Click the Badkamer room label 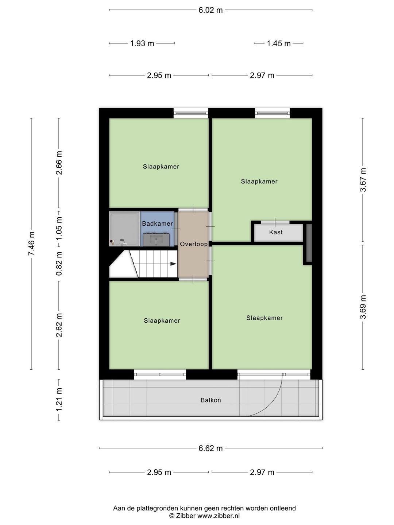[157, 223]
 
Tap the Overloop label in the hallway [193, 244]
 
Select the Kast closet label [276, 232]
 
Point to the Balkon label [211, 400]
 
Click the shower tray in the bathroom [124, 228]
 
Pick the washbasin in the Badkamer [156, 240]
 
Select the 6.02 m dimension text [210, 10]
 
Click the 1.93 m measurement [142, 43]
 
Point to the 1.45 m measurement [279, 43]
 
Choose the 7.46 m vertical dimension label [31, 244]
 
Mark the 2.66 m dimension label [59, 163]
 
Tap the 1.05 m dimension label [59, 228]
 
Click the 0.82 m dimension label [59, 263]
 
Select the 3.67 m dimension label [363, 180]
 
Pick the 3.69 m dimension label [363, 307]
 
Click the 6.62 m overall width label [210, 448]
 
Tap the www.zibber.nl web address [219, 516]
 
